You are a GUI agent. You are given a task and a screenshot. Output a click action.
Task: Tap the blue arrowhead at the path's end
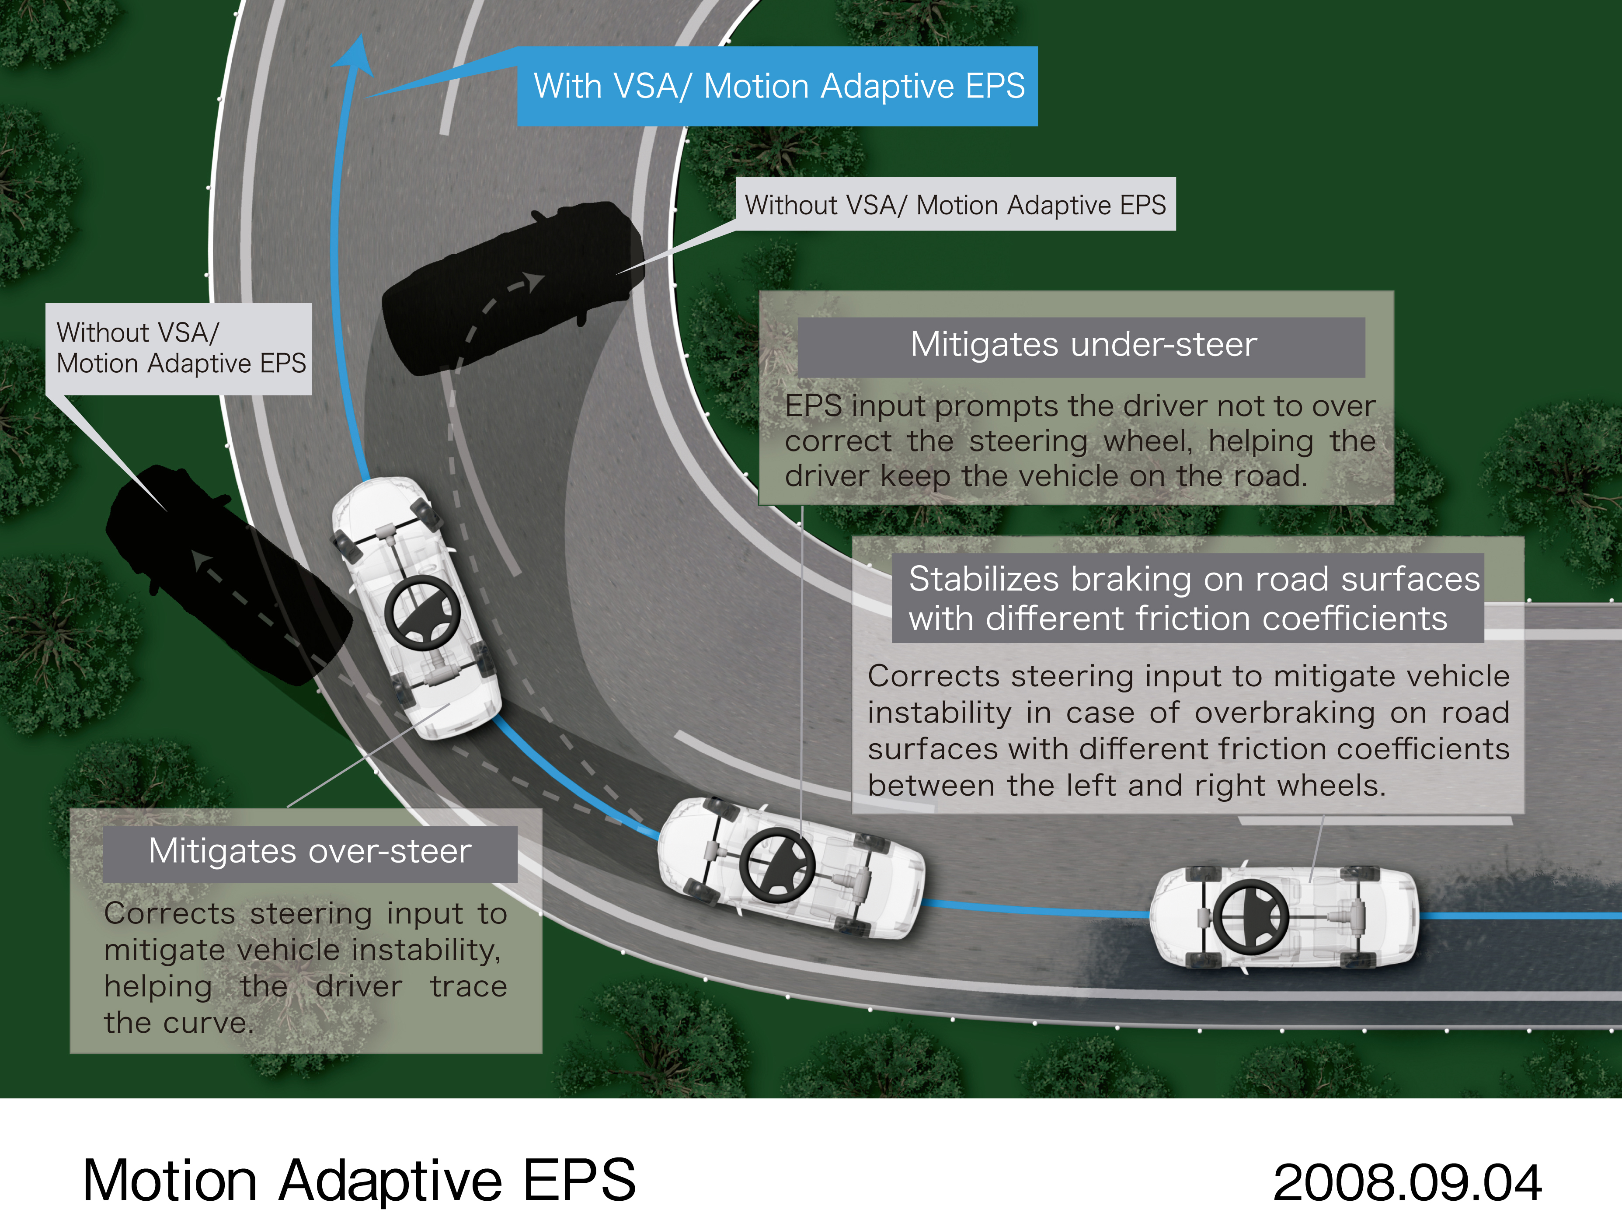(x=357, y=55)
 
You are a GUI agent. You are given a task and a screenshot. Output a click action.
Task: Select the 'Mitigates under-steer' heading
(x=1083, y=345)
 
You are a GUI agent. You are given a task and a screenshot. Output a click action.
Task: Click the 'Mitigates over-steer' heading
(x=310, y=852)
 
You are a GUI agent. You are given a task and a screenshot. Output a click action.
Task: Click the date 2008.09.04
(x=1406, y=1182)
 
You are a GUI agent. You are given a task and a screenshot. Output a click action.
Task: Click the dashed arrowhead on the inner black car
(x=535, y=281)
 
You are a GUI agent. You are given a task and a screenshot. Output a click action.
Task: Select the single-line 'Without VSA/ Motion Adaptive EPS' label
(x=955, y=205)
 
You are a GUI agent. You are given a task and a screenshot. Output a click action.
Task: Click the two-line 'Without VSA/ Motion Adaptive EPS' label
(x=180, y=349)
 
